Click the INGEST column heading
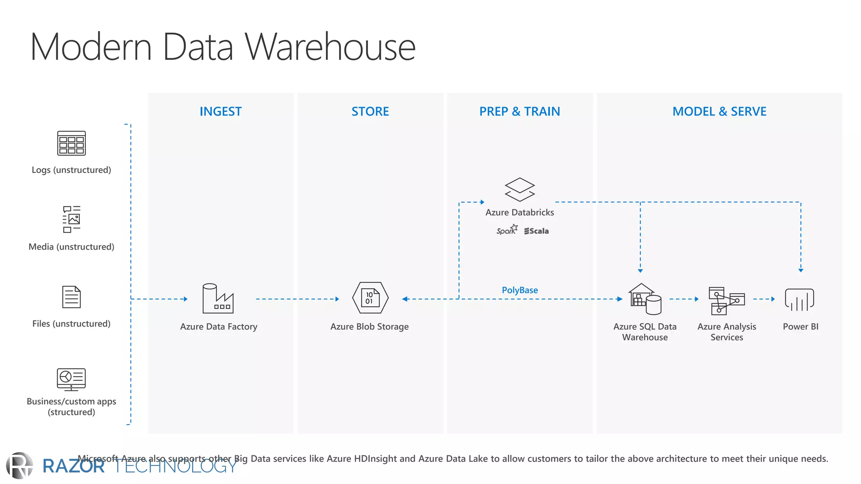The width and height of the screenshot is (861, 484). (220, 111)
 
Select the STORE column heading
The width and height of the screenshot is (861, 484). (370, 111)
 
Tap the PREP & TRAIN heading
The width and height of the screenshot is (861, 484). (520, 111)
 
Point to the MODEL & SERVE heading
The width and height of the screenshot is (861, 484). (719, 111)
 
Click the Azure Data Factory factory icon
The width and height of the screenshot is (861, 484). (218, 299)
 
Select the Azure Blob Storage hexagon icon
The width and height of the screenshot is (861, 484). (370, 298)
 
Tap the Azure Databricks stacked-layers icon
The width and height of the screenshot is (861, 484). (520, 189)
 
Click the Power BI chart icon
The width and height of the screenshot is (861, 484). (799, 300)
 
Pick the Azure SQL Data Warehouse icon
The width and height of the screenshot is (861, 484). (645, 299)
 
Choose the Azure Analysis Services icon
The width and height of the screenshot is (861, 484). (726, 300)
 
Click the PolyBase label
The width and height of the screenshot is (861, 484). (520, 290)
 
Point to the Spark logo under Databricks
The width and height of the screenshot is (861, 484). (507, 230)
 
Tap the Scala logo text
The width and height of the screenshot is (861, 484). (536, 231)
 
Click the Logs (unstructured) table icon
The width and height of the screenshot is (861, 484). (71, 143)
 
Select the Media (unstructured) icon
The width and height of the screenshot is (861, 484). (71, 219)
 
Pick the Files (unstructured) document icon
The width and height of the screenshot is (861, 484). (71, 297)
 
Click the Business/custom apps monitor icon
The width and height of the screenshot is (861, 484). (71, 379)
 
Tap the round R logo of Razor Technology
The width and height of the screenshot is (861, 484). (19, 465)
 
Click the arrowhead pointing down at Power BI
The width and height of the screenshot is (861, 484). (801, 270)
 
